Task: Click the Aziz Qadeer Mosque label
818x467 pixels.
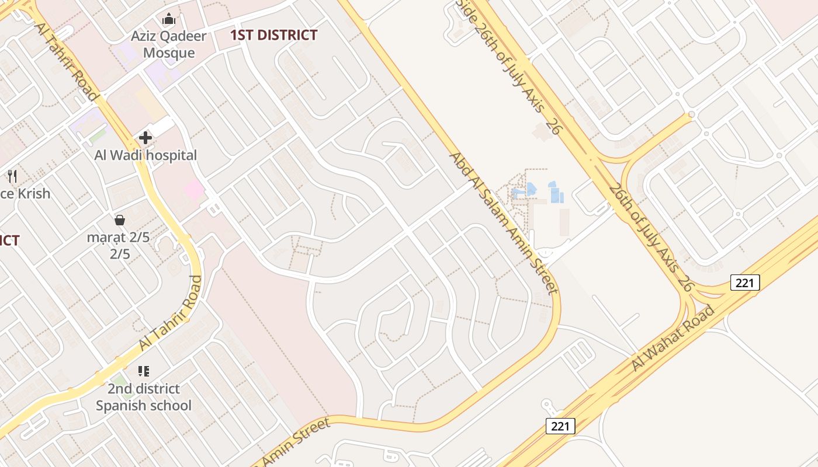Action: [169, 44]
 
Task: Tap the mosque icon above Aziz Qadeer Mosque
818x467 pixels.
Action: [169, 19]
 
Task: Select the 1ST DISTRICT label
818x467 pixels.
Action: [273, 35]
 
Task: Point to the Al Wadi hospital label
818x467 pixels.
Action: [145, 155]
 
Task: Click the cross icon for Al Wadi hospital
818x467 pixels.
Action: [145, 138]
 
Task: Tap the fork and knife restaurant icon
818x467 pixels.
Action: [12, 176]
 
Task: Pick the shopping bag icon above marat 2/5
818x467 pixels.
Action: [120, 219]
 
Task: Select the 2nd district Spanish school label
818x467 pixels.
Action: [144, 397]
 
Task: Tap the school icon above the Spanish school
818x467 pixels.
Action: [144, 371]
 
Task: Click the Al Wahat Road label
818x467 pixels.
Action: [673, 338]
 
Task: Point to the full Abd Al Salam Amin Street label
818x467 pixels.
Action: [502, 222]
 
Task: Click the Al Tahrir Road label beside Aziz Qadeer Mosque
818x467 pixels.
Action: [66, 61]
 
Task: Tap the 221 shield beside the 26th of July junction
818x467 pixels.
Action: [745, 283]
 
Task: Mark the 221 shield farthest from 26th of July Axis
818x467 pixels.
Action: [560, 426]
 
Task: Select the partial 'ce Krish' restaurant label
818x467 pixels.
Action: [25, 193]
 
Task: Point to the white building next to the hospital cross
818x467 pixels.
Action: [162, 126]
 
